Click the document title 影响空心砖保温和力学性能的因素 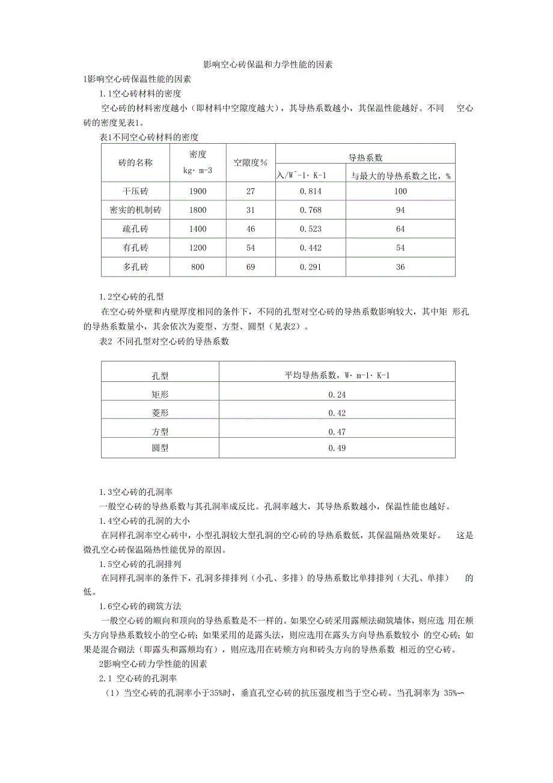tap(268, 64)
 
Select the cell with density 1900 tap(198, 191)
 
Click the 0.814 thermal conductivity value tap(310, 191)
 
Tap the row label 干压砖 tap(135, 191)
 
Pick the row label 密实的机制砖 tap(135, 210)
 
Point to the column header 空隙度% tap(250, 163)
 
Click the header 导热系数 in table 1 tap(365, 158)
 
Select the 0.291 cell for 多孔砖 tap(310, 267)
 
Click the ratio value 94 tap(400, 210)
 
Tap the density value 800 tap(198, 267)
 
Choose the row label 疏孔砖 tap(135, 229)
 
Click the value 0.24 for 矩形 tap(337, 395)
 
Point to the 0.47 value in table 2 tap(337, 431)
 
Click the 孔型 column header tap(160, 376)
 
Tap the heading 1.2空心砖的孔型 tap(132, 296)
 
